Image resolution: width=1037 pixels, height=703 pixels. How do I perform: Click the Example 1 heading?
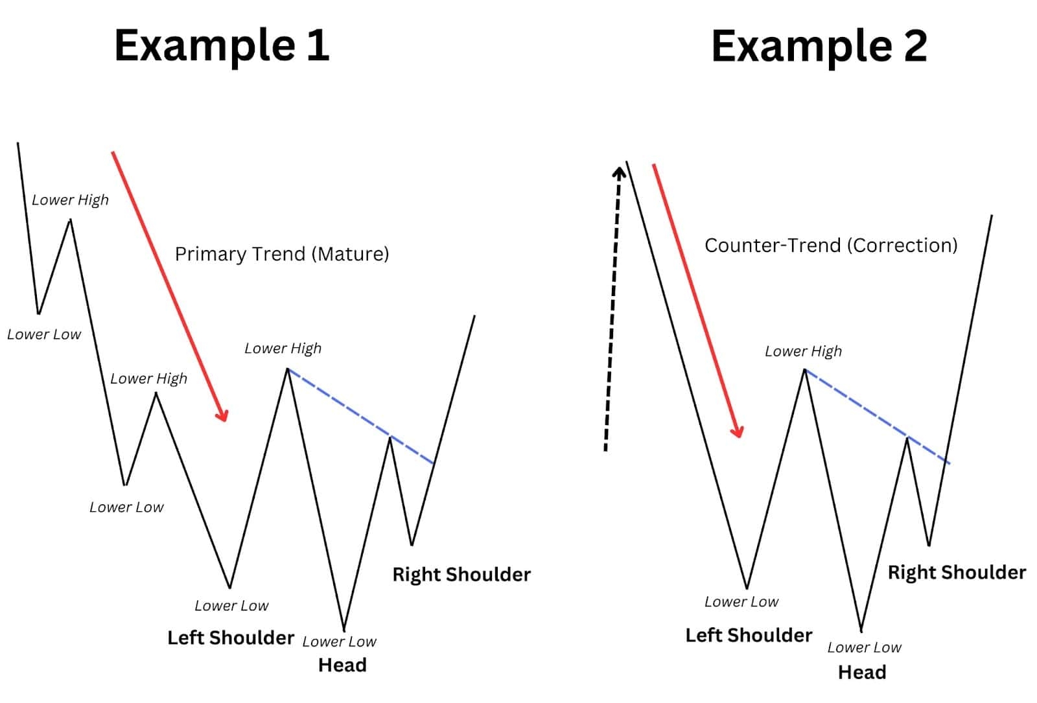[x=222, y=45]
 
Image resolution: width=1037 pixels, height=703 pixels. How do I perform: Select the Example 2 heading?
[x=819, y=46]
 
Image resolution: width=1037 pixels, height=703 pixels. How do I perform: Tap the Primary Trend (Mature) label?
[x=282, y=254]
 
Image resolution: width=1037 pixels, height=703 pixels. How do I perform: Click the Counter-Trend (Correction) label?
[x=831, y=246]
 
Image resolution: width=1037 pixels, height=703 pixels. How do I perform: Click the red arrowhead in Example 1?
[x=223, y=415]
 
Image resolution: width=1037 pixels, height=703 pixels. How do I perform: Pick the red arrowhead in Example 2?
[x=738, y=432]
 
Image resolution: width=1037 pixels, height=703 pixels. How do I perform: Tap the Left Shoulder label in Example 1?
[x=231, y=638]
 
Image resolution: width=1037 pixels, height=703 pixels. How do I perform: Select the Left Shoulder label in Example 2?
[x=749, y=636]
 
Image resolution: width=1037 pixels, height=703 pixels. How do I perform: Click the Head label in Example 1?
[x=342, y=665]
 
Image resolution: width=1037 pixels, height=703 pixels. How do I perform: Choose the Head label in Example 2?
[x=862, y=673]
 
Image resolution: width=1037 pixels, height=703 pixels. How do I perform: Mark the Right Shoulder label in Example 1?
[x=461, y=575]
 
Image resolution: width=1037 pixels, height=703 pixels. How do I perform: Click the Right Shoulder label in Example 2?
[x=957, y=573]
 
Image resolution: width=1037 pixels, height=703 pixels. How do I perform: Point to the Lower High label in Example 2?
[x=803, y=351]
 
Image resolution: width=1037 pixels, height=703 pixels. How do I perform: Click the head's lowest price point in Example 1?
[x=344, y=628]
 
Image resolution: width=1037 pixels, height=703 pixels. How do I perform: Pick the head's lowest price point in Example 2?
[x=861, y=630]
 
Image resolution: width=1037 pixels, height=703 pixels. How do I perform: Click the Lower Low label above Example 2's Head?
[x=864, y=647]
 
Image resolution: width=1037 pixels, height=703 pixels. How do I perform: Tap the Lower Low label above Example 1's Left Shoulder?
[x=231, y=606]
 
